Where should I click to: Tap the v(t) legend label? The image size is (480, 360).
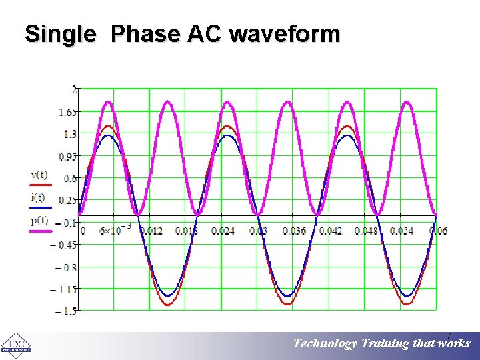point(38,175)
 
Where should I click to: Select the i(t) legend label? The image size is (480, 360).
point(38,197)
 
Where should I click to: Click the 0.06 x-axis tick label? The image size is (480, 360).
point(438,231)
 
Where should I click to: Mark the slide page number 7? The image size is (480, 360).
point(449,335)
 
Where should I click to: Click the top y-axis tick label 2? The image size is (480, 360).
point(75,89)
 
